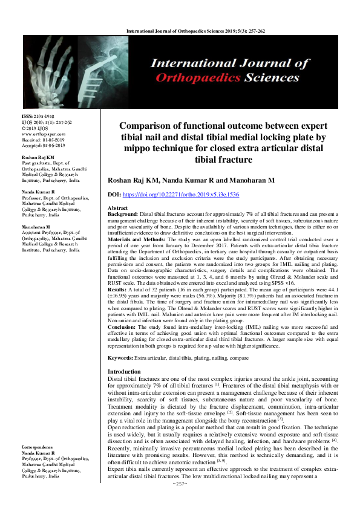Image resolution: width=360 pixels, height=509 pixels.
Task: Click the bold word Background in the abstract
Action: click(x=122, y=213)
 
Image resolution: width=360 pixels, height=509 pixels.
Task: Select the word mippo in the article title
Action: click(x=139, y=148)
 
